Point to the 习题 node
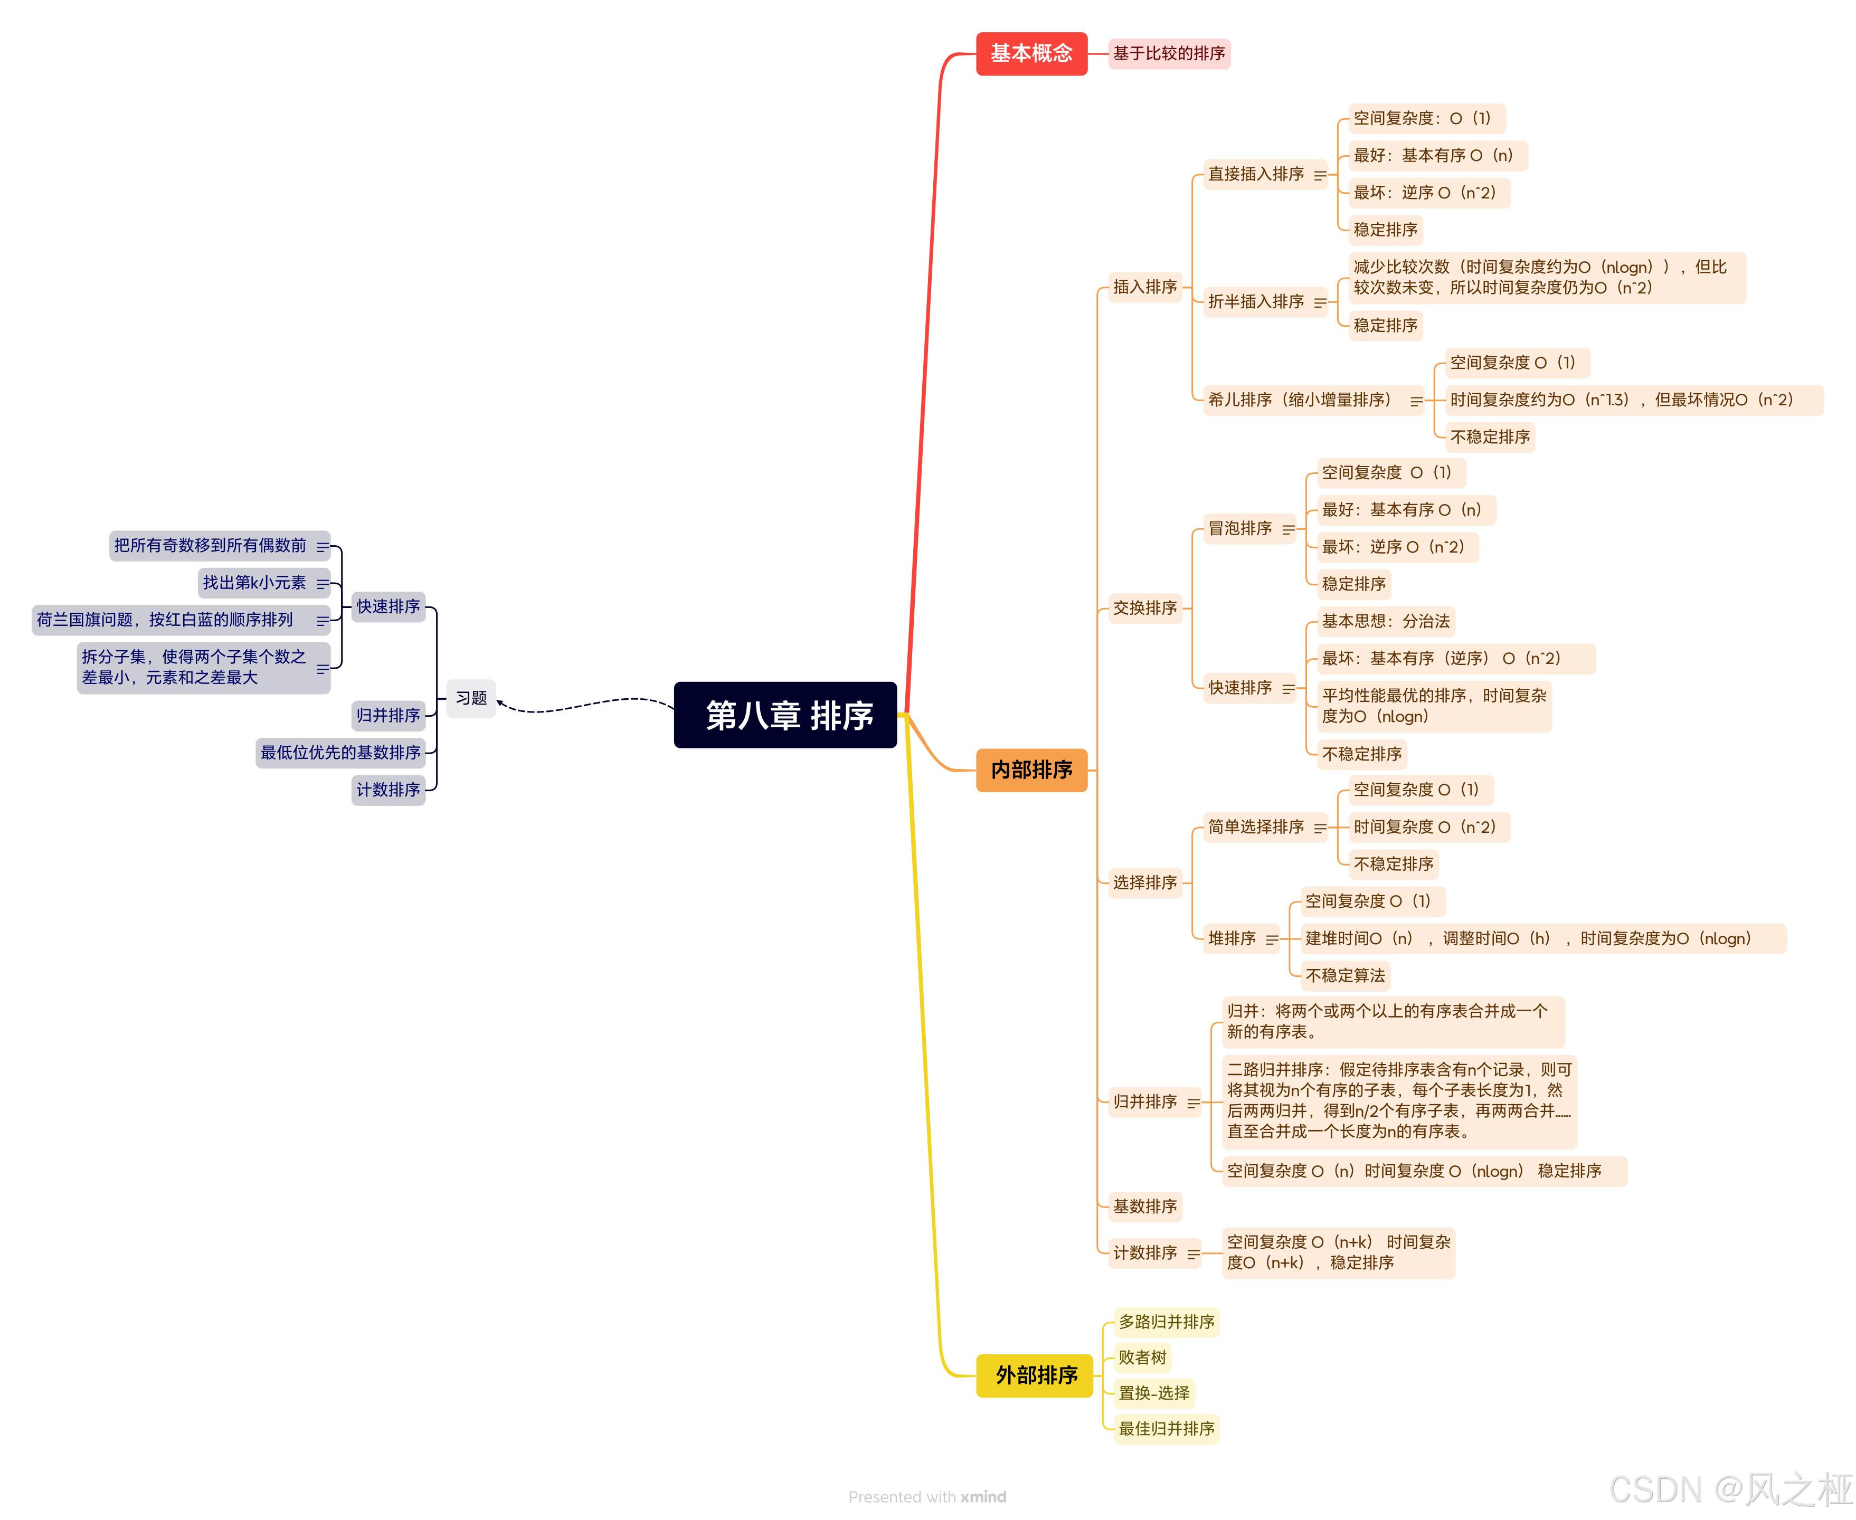pyautogui.click(x=471, y=698)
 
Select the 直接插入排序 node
pyautogui.click(x=1255, y=174)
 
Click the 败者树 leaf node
pyautogui.click(x=1142, y=1357)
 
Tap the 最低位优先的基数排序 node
pyautogui.click(x=340, y=752)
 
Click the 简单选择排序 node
pyautogui.click(x=1255, y=826)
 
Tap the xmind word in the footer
pyautogui.click(x=983, y=1496)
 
